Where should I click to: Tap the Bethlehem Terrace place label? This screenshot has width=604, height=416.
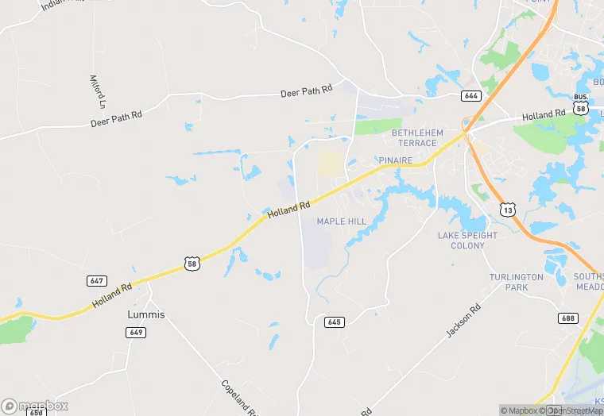click(414, 137)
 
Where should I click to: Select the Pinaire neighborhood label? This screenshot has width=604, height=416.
click(397, 160)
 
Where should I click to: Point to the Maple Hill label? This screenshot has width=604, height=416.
click(342, 221)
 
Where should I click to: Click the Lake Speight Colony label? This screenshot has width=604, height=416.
click(467, 241)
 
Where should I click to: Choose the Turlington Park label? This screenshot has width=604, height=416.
click(516, 282)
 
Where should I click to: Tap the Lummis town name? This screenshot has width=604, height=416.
click(146, 314)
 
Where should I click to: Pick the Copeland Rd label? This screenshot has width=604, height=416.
click(238, 397)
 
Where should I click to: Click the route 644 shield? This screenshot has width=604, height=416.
click(470, 96)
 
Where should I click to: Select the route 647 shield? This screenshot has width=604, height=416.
click(96, 281)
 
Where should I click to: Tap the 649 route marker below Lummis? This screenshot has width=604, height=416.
click(134, 332)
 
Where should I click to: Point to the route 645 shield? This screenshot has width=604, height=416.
click(334, 322)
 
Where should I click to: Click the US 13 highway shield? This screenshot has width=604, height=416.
click(508, 209)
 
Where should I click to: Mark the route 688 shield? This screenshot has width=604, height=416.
click(567, 318)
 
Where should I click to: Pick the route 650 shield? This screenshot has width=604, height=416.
click(36, 412)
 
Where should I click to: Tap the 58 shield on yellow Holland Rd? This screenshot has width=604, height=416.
click(192, 264)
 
